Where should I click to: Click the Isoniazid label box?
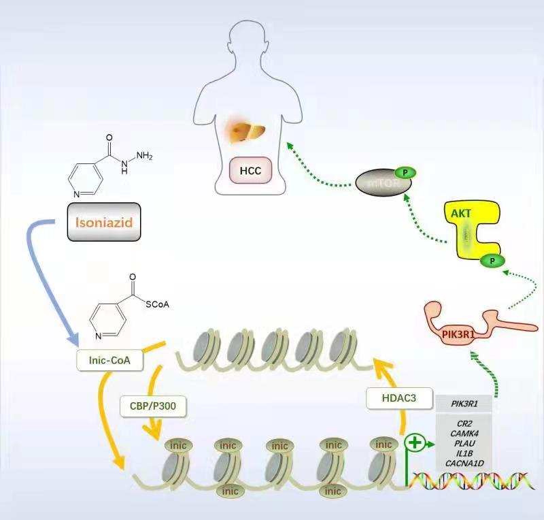click(104, 221)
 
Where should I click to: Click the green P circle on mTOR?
click(405, 172)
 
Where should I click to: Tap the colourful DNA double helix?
click(473, 481)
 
